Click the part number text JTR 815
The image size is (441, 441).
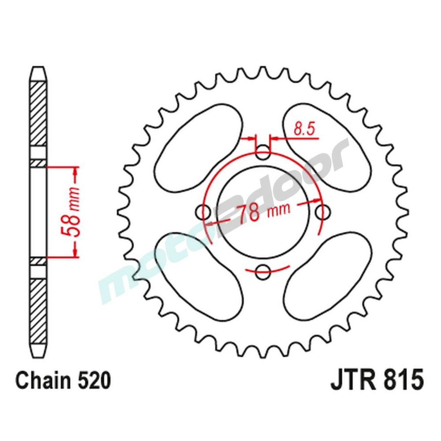point(377,381)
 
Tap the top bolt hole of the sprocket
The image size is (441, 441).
point(263,154)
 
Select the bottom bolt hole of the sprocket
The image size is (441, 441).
point(263,272)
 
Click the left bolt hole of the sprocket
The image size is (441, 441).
point(204,213)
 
